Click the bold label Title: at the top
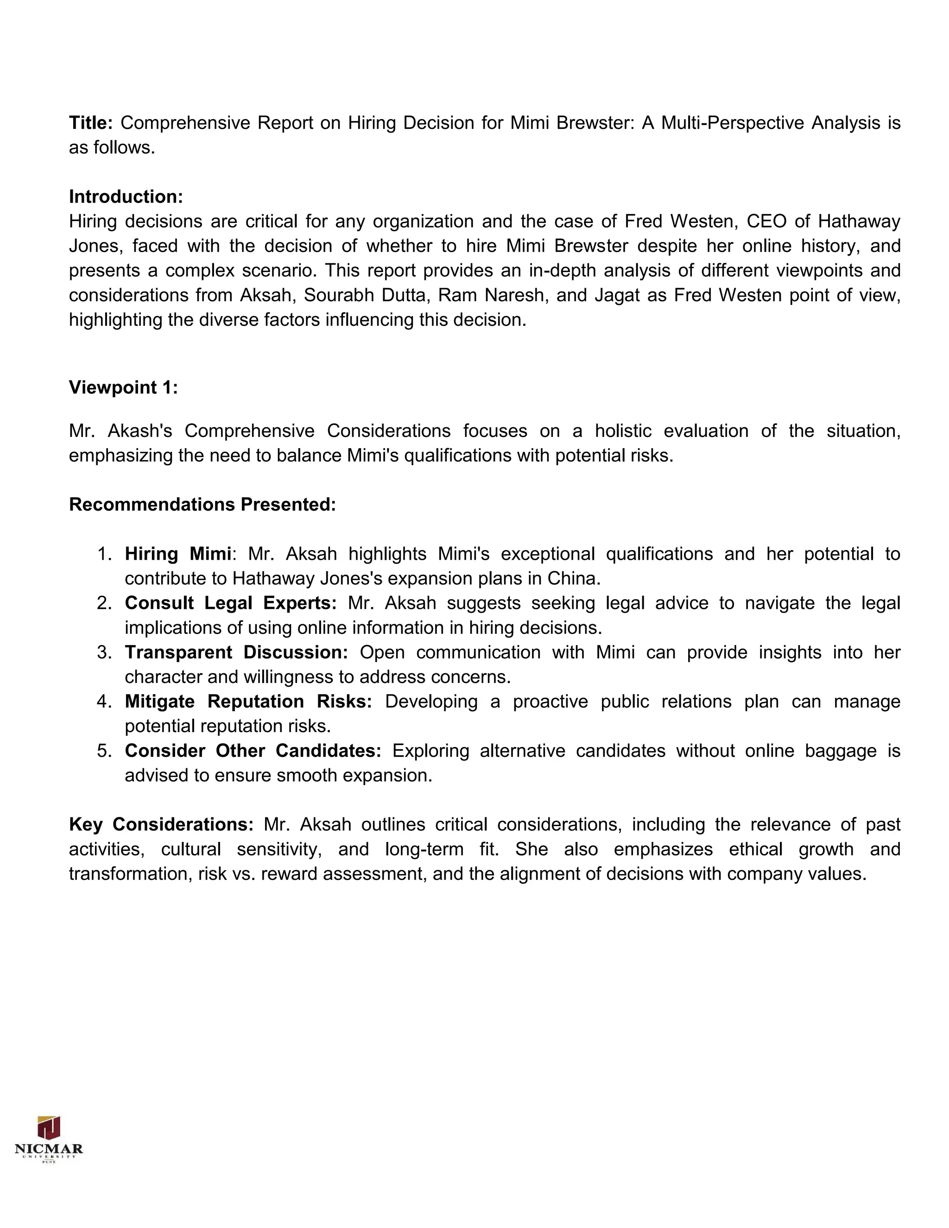91,123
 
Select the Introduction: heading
126,197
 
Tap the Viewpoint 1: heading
123,387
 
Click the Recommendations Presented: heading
202,504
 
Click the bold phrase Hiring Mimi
177,554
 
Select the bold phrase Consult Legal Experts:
230,603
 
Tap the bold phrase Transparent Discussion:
236,652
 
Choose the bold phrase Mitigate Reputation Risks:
248,701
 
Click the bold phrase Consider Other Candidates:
253,751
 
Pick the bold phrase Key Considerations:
161,824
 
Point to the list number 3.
105,652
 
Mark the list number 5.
105,751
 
